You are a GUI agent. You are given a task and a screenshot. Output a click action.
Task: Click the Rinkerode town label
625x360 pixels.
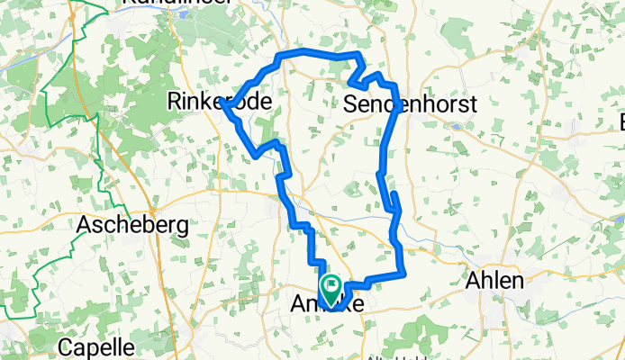(x=220, y=103)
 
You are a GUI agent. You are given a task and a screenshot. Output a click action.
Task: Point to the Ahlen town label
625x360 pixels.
(x=494, y=281)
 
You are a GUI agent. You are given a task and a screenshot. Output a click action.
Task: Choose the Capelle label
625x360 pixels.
(x=97, y=346)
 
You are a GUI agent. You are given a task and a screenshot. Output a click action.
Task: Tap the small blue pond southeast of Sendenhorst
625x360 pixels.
(x=457, y=126)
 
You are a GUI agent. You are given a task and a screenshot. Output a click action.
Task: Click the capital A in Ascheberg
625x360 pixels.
(x=86, y=223)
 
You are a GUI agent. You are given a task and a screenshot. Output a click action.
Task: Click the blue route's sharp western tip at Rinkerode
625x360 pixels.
(x=222, y=105)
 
